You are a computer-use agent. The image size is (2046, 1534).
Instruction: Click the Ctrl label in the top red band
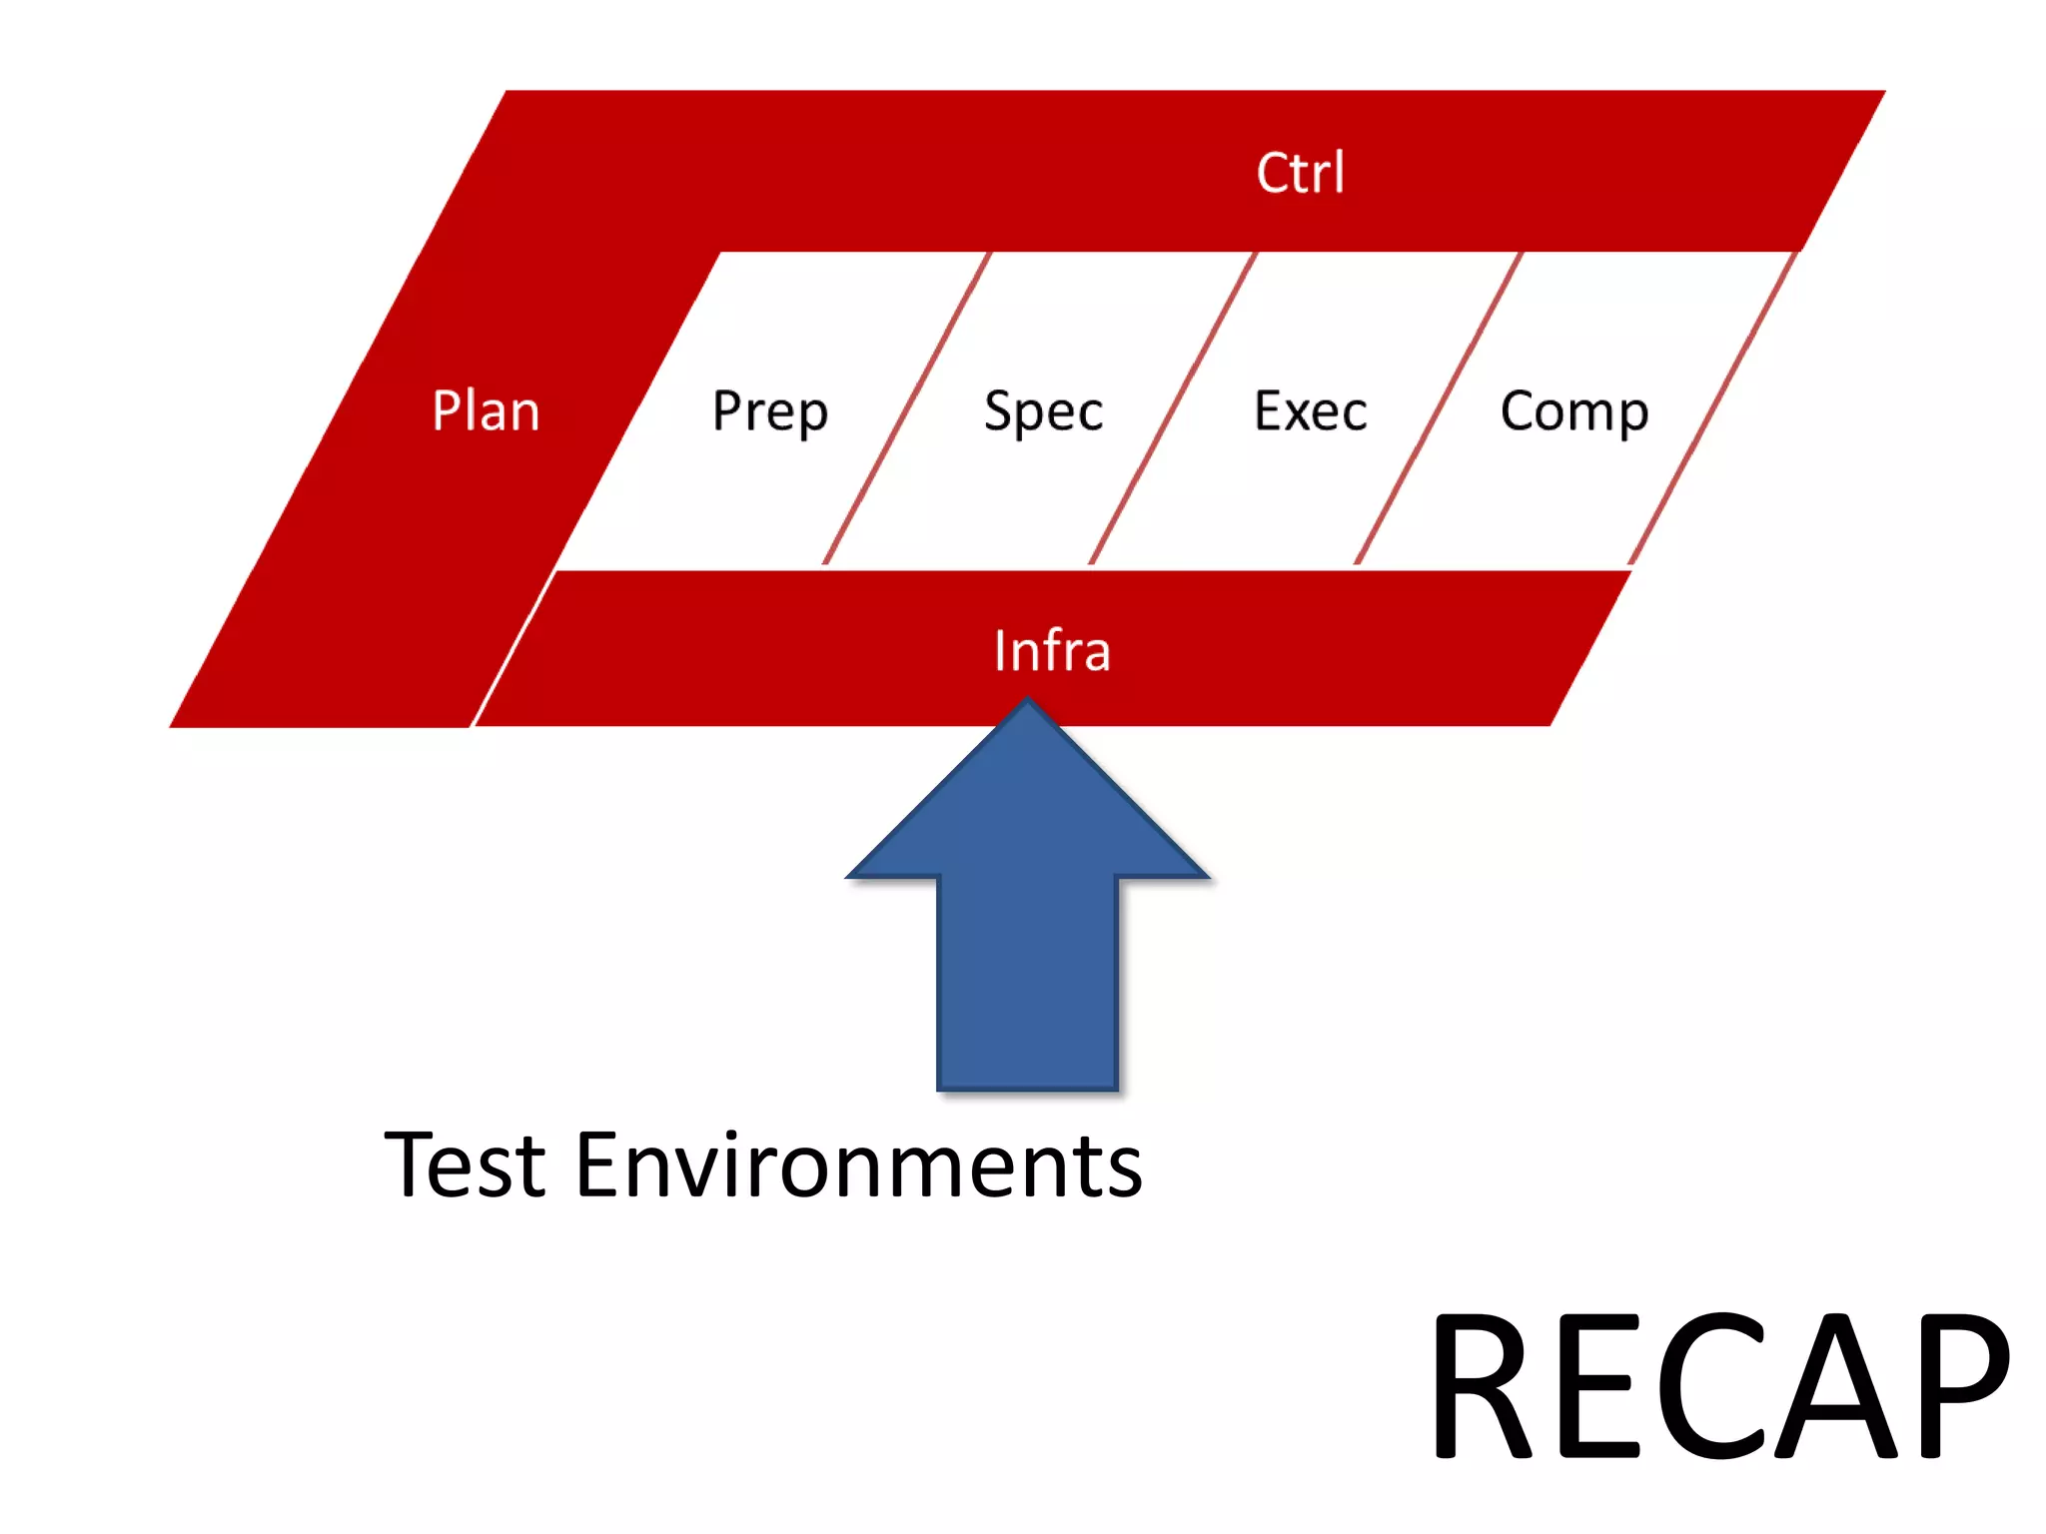pos(1300,173)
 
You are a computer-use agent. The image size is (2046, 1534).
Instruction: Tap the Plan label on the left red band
pos(486,410)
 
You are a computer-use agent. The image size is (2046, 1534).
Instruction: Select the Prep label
pos(770,410)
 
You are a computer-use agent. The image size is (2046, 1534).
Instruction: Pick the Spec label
pos(1043,410)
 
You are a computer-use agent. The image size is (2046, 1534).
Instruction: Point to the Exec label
pos(1310,410)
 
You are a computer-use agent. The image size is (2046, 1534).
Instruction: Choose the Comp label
pos(1573,410)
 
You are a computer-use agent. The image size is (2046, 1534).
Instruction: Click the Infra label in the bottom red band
pos(1052,651)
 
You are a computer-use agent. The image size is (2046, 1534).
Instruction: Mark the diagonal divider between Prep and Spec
pos(906,408)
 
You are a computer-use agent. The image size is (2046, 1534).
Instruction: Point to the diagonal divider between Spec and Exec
pos(1173,408)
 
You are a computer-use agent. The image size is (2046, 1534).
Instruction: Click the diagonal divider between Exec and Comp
pos(1439,408)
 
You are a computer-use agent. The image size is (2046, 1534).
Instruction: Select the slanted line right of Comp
pos(1712,408)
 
